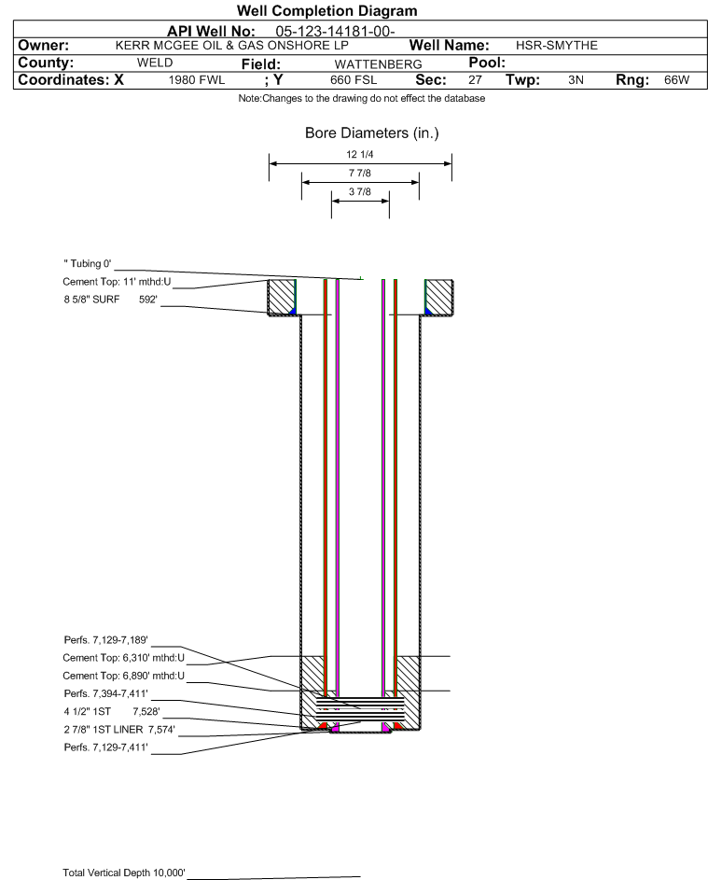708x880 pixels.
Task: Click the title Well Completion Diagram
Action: point(327,10)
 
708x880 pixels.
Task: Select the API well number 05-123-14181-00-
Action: point(335,32)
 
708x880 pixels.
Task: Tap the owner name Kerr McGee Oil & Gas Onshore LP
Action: point(231,46)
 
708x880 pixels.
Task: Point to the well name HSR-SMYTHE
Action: point(557,46)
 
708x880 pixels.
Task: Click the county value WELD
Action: point(155,63)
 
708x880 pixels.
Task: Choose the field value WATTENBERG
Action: point(378,64)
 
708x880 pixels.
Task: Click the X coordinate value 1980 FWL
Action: point(196,79)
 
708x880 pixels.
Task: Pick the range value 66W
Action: point(676,79)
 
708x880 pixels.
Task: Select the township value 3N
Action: point(576,79)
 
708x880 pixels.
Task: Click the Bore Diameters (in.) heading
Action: point(372,133)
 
